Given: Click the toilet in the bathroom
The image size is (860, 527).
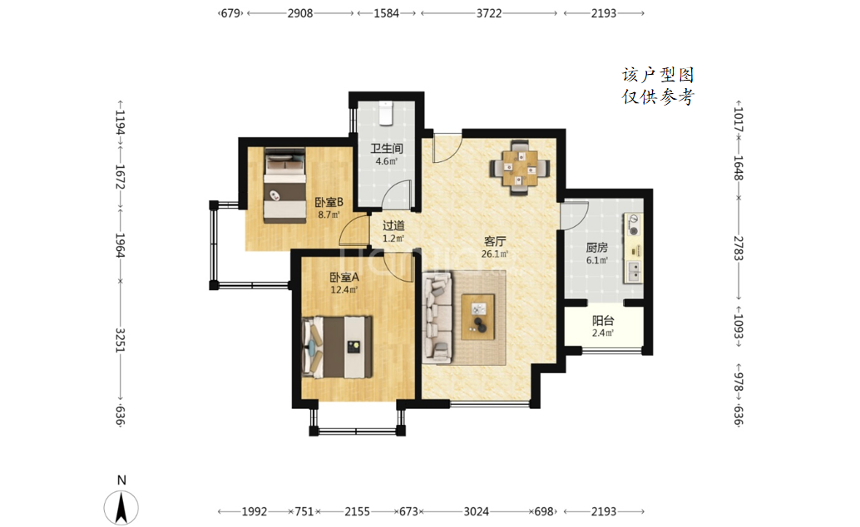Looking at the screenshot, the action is [386, 112].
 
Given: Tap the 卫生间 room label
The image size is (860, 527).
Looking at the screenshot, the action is [387, 149].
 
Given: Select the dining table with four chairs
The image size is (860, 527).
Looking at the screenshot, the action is [520, 168].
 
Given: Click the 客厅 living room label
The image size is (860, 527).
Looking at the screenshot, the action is [495, 241].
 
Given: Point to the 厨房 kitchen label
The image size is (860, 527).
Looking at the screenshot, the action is [596, 248].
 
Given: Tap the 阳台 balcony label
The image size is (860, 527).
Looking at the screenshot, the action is [603, 321].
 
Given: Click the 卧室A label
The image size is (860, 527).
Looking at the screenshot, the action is [344, 278].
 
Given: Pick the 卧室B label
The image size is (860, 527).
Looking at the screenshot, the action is [329, 202].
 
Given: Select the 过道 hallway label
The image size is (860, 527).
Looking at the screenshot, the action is [393, 225].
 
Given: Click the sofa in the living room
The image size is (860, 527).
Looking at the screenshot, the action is [437, 318].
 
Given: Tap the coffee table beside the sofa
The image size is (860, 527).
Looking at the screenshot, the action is [477, 317].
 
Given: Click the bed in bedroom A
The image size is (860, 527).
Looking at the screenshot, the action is [337, 347].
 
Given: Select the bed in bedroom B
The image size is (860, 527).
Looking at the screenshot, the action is [284, 185].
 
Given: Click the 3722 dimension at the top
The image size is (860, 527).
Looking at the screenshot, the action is [489, 13].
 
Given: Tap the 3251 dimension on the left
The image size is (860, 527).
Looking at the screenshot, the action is [120, 340].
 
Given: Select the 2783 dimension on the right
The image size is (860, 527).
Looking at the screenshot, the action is [739, 249].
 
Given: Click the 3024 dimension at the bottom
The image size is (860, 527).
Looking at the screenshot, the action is [476, 512].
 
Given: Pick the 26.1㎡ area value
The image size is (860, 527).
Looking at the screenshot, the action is [495, 254].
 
